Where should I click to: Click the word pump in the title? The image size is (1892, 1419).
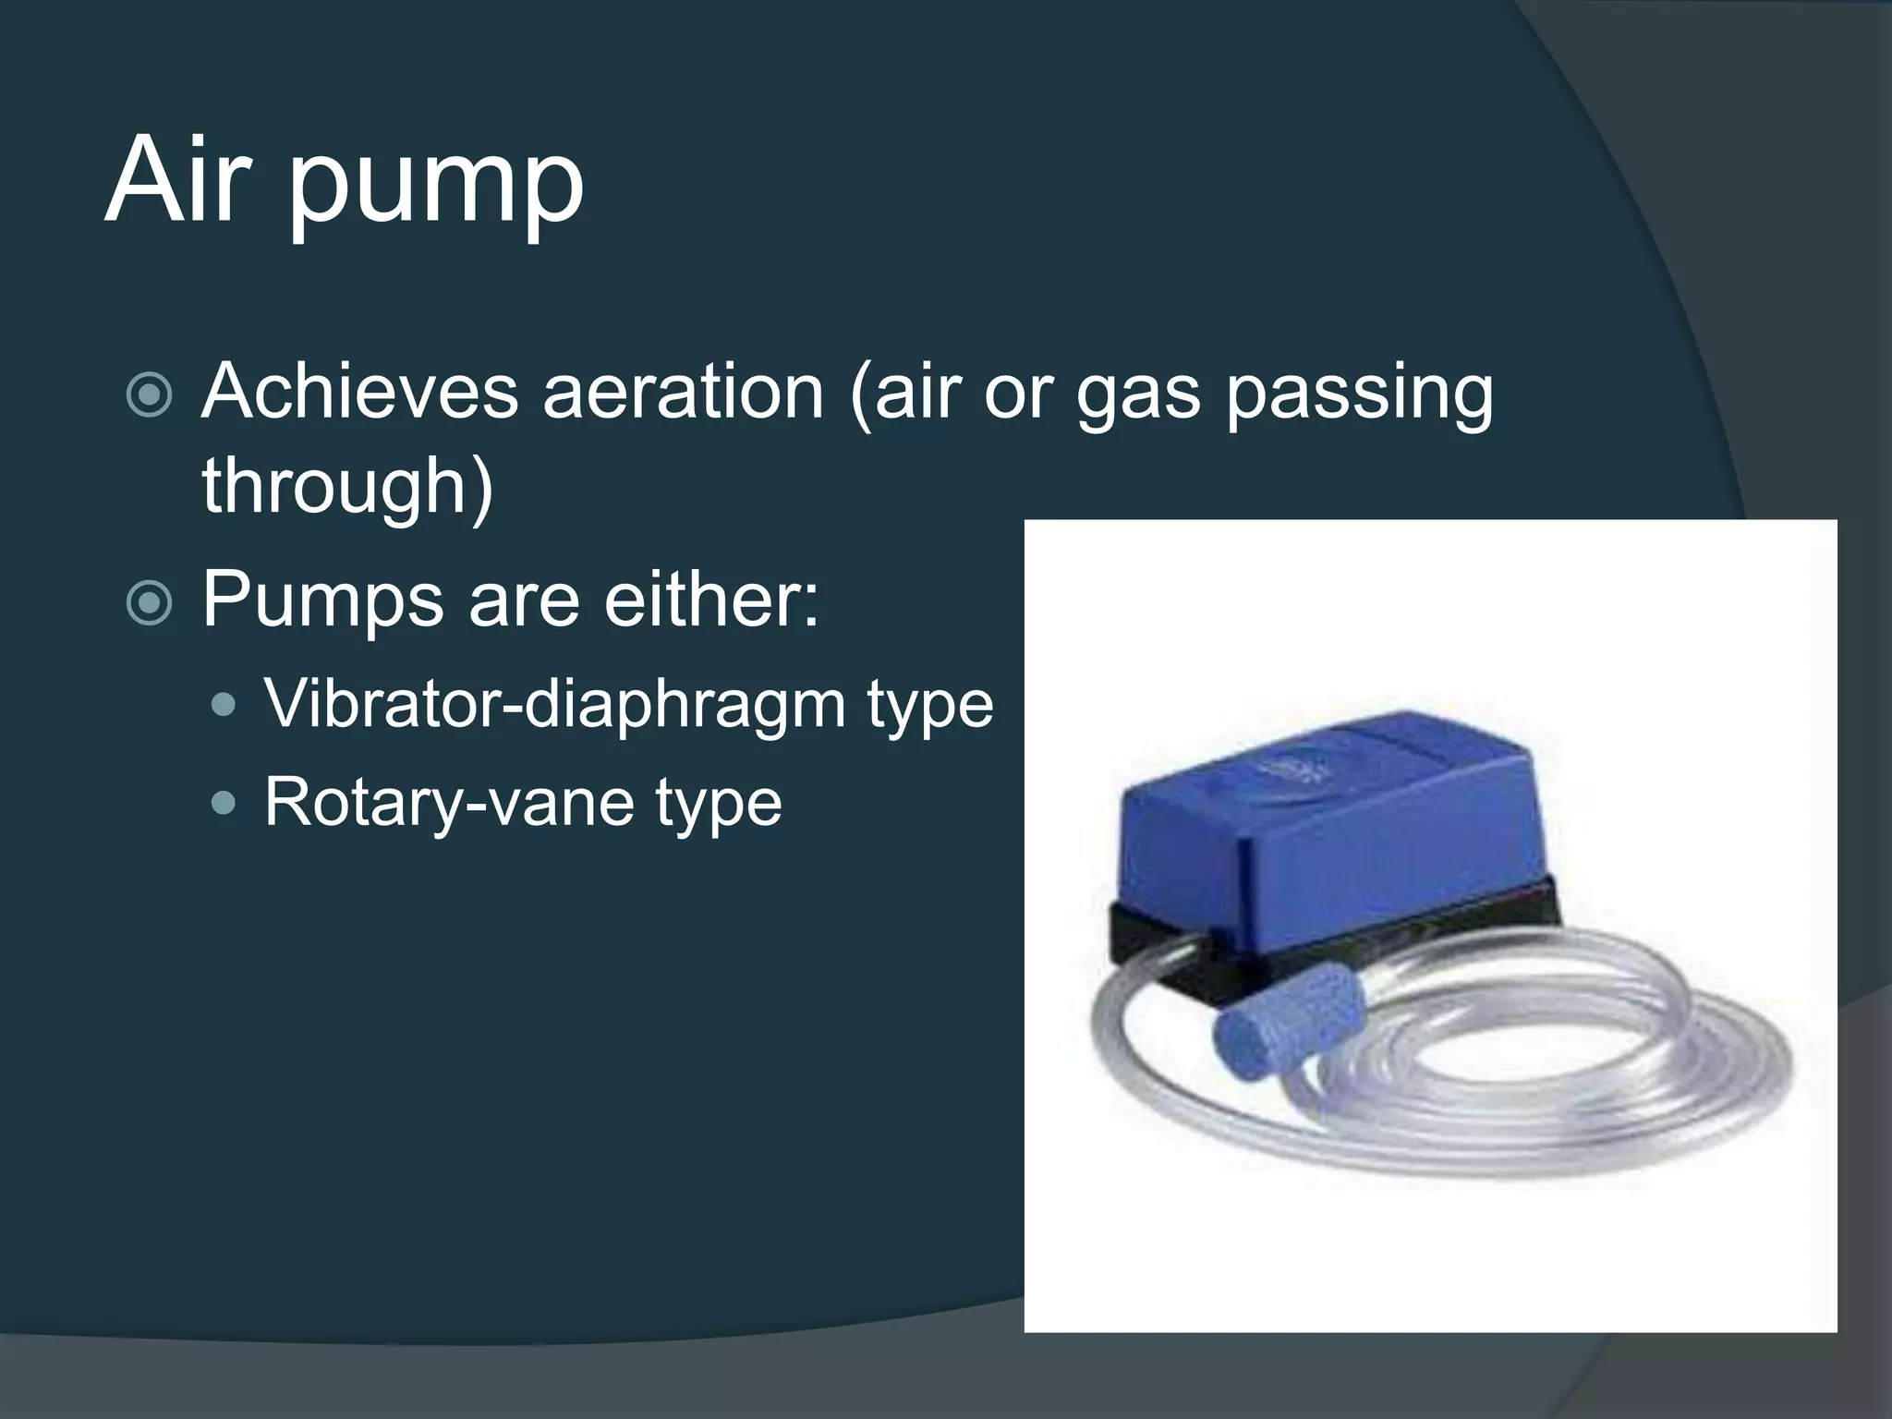436,189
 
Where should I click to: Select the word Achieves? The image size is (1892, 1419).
360,392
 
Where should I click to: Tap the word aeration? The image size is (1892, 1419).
683,392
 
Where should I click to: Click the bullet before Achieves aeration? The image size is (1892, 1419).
149,395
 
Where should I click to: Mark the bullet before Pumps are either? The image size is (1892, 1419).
149,604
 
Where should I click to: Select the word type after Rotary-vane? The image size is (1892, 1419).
718,804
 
